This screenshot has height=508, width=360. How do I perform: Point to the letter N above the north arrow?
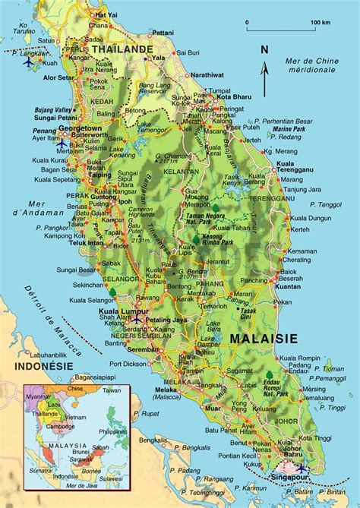coord(264,50)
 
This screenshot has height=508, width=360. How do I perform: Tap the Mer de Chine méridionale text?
coord(312,65)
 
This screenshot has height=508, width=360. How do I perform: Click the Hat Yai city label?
coord(106,14)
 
